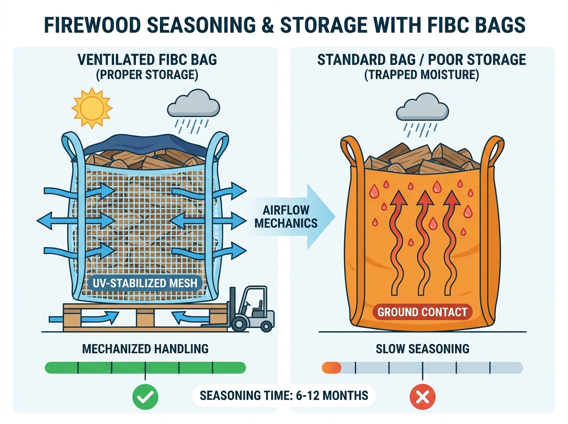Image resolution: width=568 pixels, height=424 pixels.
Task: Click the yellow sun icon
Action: [92, 108]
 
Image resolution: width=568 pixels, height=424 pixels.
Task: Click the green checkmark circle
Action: [145, 397]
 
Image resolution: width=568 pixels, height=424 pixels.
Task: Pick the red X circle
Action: [423, 397]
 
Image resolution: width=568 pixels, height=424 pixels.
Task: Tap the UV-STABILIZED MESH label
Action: [145, 283]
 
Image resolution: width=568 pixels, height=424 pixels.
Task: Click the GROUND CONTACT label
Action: [422, 312]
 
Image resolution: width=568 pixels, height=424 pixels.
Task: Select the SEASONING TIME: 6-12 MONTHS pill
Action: [284, 395]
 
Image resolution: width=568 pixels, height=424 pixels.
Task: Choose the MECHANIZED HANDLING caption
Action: [145, 349]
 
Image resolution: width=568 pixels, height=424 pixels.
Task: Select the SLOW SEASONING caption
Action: [422, 349]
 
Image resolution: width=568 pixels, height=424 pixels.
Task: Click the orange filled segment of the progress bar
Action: [331, 368]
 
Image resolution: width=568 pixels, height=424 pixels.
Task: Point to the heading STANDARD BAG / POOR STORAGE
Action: [422, 60]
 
